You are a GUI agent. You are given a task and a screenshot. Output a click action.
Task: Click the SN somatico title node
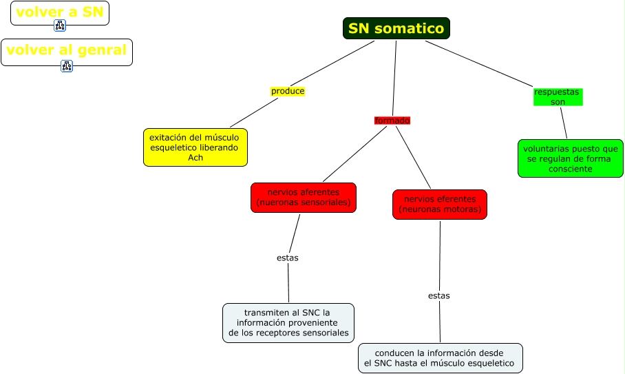(x=396, y=28)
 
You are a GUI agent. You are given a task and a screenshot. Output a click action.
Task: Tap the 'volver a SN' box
(x=60, y=12)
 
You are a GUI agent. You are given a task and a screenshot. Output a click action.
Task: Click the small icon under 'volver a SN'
(x=60, y=26)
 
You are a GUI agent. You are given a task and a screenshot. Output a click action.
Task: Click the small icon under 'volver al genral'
(x=67, y=66)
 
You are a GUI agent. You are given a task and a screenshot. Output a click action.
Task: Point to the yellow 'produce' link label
(x=288, y=91)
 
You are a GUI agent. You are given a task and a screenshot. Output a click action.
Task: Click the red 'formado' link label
(x=392, y=121)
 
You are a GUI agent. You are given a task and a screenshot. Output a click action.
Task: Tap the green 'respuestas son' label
(x=558, y=96)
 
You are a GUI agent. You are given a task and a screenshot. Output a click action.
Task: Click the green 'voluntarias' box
(x=570, y=158)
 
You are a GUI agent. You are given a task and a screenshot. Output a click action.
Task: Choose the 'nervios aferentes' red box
(x=304, y=198)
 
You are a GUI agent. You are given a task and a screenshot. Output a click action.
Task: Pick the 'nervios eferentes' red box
(x=440, y=205)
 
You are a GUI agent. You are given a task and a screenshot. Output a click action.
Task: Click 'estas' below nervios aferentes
(x=288, y=258)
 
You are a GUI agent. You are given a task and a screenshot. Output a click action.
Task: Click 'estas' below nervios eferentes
(x=438, y=295)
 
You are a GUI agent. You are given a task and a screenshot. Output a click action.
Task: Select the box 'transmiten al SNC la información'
(x=288, y=322)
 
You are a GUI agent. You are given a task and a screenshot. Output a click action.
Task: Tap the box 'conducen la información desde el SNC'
(x=440, y=358)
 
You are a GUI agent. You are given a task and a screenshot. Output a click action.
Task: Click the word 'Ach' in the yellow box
(x=195, y=158)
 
